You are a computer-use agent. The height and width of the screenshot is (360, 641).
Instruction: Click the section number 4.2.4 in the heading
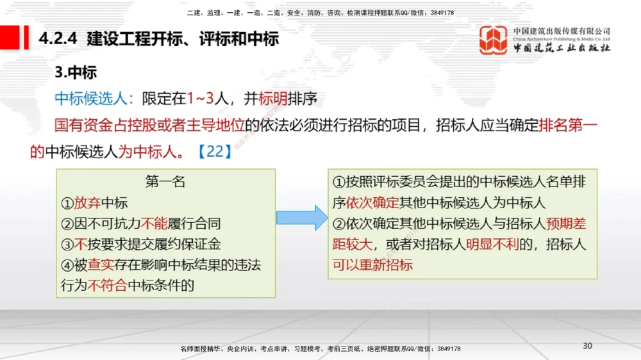point(58,39)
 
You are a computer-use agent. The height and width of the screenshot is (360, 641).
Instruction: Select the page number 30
point(587,346)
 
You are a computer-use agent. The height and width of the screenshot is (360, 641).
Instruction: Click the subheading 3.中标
point(76,72)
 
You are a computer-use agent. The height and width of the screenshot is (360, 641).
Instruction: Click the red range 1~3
point(199,99)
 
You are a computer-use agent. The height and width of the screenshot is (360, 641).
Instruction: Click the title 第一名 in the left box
point(165,182)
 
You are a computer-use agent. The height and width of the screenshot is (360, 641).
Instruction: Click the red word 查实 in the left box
point(101,265)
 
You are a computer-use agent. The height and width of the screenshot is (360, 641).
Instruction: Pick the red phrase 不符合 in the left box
point(108,285)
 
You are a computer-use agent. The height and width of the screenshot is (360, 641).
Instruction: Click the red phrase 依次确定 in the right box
point(372,203)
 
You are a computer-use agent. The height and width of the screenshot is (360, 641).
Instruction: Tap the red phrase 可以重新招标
point(372,265)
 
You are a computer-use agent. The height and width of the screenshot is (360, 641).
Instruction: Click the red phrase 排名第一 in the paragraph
point(568,125)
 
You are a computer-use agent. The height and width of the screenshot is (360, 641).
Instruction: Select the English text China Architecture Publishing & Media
point(562,39)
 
